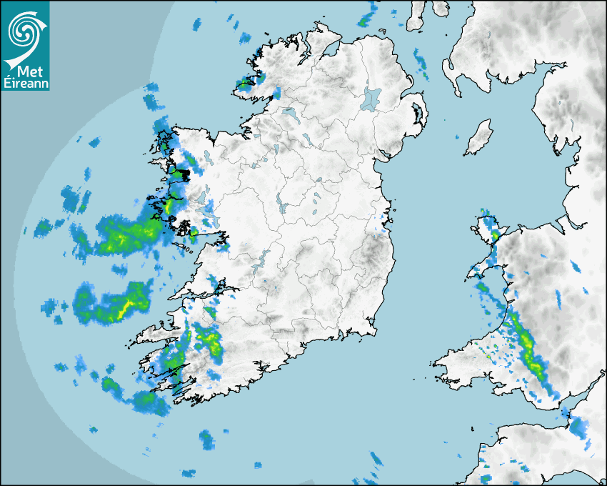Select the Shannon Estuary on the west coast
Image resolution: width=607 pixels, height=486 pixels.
pyautogui.click(x=207, y=289)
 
